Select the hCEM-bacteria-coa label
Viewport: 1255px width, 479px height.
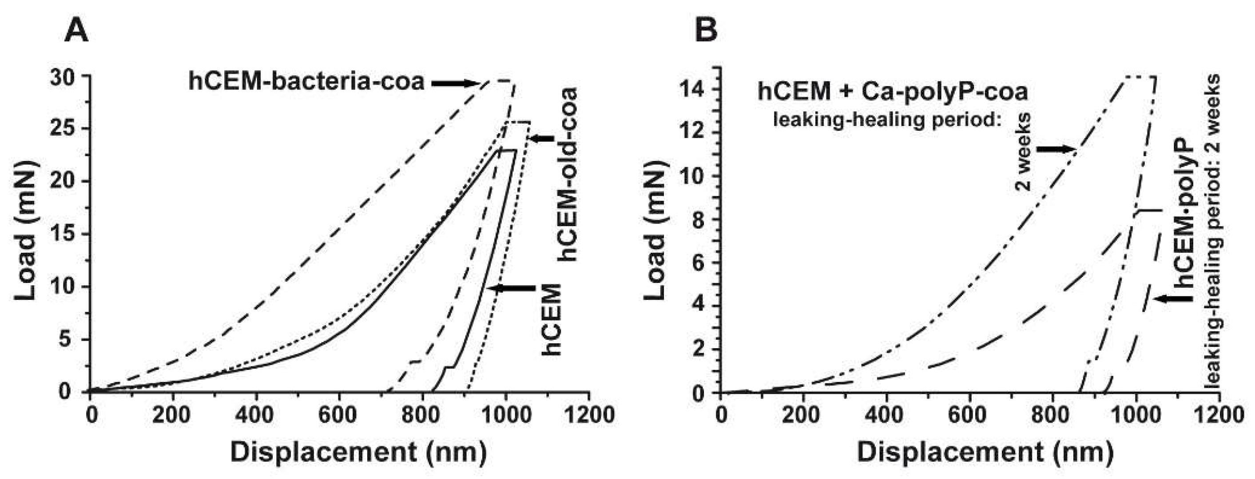tap(306, 82)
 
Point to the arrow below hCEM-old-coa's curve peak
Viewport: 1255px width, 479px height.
tap(541, 139)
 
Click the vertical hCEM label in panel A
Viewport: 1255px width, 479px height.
tap(552, 319)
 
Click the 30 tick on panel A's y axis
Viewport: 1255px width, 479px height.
tap(64, 76)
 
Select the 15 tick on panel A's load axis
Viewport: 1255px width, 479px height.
tap(64, 234)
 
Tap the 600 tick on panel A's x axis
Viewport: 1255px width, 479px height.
tap(340, 415)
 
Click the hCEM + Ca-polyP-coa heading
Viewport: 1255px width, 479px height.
tap(893, 91)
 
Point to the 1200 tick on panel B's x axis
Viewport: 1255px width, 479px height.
tap(1219, 415)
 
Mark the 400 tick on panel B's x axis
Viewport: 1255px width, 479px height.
tap(887, 415)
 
